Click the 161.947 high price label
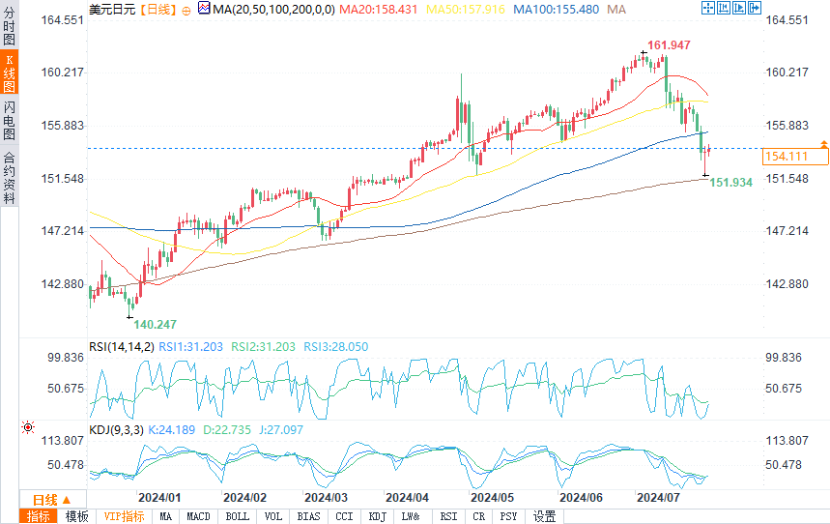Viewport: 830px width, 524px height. [x=670, y=45]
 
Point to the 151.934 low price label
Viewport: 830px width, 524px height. [x=731, y=182]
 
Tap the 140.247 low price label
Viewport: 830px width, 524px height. [x=156, y=325]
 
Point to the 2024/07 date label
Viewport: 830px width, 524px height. [x=658, y=496]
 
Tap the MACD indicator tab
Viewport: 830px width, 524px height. [x=198, y=516]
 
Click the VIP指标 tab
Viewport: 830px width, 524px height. [x=124, y=516]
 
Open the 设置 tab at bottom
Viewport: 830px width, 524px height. [x=545, y=516]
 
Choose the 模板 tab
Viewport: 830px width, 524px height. [x=76, y=516]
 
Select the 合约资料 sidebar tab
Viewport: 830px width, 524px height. [x=10, y=179]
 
